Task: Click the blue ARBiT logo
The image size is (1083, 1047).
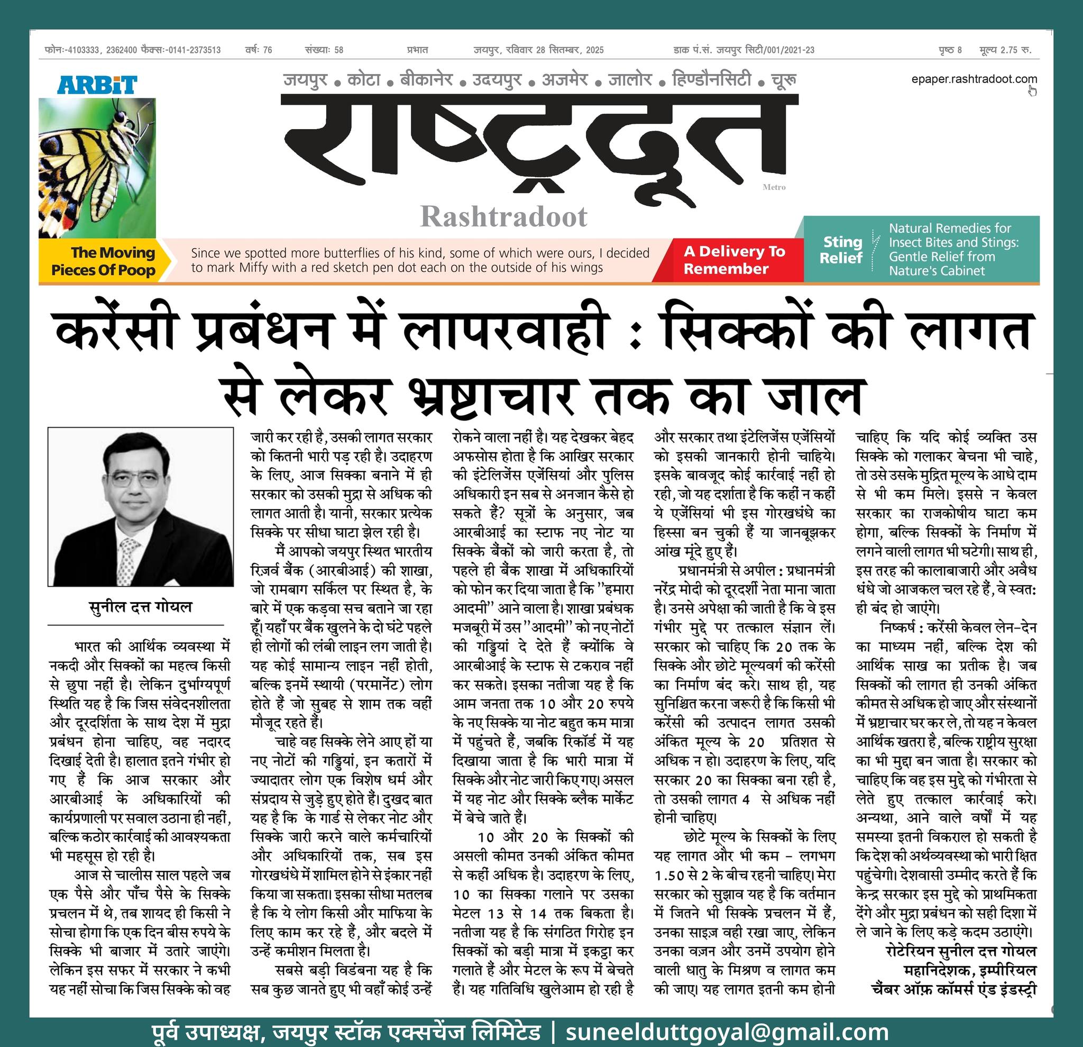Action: [97, 85]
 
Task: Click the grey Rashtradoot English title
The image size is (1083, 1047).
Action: [503, 217]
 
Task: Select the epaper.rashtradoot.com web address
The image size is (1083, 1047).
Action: [974, 79]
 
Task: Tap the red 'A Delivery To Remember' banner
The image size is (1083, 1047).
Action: [734, 260]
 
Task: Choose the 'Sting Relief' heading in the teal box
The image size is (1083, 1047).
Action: [841, 250]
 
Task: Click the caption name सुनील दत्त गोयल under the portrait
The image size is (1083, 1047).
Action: [140, 606]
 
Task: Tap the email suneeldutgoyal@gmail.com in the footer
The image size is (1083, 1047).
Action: [727, 1032]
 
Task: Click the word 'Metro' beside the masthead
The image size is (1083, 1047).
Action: [774, 187]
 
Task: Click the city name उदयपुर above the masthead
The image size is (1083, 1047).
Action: [496, 81]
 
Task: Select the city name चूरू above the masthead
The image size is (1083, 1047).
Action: [784, 81]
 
